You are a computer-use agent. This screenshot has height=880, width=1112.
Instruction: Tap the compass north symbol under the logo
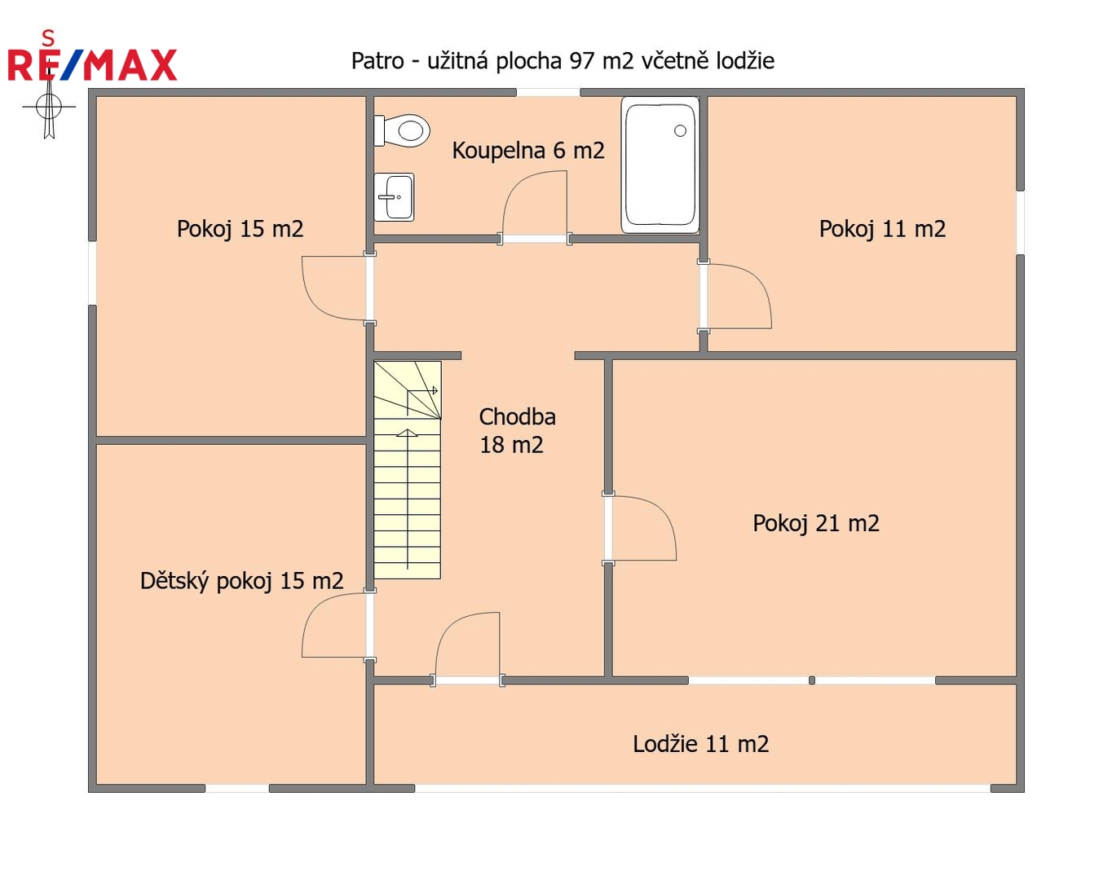(x=49, y=108)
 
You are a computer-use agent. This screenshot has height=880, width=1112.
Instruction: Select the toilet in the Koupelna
(x=401, y=130)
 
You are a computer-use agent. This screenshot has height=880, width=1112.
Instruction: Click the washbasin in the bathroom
(x=394, y=197)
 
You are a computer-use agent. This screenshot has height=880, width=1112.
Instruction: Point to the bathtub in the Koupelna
(x=660, y=165)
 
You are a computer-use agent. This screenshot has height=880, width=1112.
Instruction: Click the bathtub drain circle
(x=680, y=130)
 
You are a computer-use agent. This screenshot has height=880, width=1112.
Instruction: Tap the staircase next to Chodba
(x=407, y=470)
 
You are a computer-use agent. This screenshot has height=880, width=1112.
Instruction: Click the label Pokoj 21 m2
(x=815, y=524)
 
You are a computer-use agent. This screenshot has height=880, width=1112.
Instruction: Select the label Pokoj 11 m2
(x=882, y=229)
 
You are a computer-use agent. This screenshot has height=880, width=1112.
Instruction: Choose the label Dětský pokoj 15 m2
(x=241, y=580)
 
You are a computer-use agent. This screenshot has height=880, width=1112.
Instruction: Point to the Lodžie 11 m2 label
(x=700, y=744)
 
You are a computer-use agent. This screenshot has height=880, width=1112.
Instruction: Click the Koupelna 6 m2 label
(x=528, y=151)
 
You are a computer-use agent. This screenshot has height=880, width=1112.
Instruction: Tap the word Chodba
(x=517, y=416)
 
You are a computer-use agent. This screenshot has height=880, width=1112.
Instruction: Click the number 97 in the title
(x=582, y=61)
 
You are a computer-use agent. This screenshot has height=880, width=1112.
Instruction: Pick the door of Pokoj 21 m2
(x=641, y=528)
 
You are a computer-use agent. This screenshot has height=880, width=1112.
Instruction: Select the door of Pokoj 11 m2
(x=736, y=297)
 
